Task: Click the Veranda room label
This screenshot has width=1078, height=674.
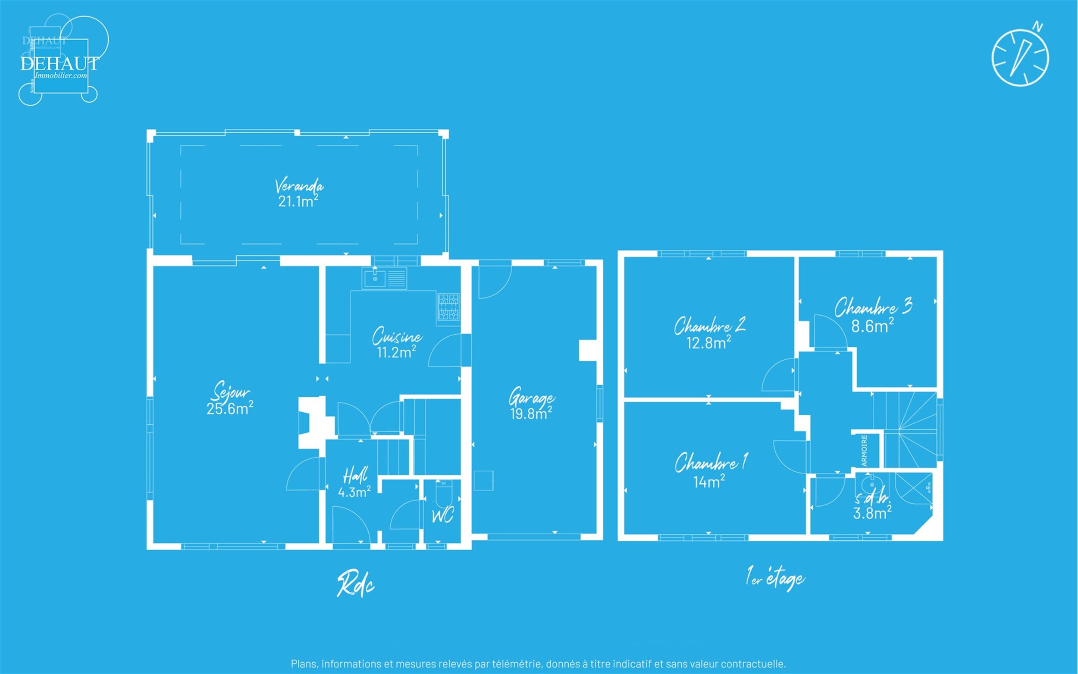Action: tap(299, 185)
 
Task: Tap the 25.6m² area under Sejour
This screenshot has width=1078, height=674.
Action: tap(229, 408)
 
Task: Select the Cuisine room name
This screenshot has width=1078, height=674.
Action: tap(397, 336)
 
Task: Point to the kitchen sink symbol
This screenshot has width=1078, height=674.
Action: tap(374, 278)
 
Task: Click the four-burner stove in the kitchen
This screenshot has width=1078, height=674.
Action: tap(448, 307)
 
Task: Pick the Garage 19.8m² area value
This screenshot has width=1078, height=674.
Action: tap(530, 414)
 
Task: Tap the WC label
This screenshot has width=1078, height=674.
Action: tap(442, 516)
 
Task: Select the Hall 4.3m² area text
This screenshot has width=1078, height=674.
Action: tap(354, 492)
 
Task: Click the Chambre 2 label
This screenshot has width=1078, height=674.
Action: tap(709, 326)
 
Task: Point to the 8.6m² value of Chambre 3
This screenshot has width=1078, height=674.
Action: tap(872, 326)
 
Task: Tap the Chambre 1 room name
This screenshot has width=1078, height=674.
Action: tap(710, 462)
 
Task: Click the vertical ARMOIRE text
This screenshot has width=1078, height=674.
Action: tap(864, 450)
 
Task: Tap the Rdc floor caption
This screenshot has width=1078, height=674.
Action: tap(355, 584)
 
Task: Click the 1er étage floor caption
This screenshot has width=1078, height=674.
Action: tap(775, 579)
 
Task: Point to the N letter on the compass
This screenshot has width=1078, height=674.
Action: tap(1038, 27)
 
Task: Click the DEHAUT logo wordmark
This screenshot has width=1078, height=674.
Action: tap(59, 63)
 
